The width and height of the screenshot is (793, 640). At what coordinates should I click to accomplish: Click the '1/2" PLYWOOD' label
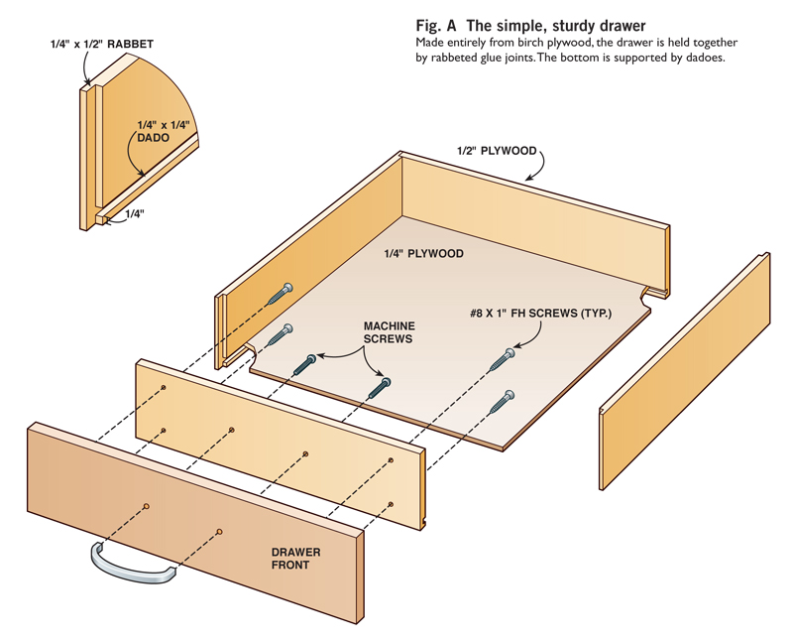497,151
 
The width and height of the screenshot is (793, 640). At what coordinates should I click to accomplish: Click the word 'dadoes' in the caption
706,59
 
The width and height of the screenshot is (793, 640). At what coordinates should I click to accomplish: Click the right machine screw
380,387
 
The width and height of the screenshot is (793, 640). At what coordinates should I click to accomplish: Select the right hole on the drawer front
218,533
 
